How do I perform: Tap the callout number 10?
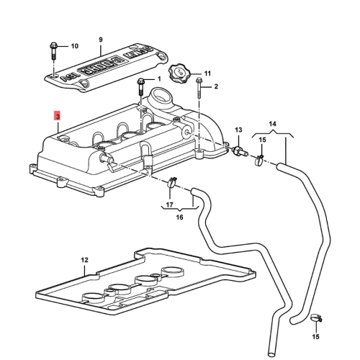[x=74, y=46]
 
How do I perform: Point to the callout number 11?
[x=207, y=73]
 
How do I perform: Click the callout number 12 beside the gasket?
[x=84, y=259]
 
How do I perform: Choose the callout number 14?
[x=272, y=124]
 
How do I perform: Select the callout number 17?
[x=170, y=204]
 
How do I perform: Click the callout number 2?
[x=215, y=86]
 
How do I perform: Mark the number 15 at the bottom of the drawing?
[x=315, y=336]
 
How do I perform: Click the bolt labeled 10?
[x=54, y=52]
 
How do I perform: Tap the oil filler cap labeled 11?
[x=179, y=74]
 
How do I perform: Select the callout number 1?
[x=159, y=78]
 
